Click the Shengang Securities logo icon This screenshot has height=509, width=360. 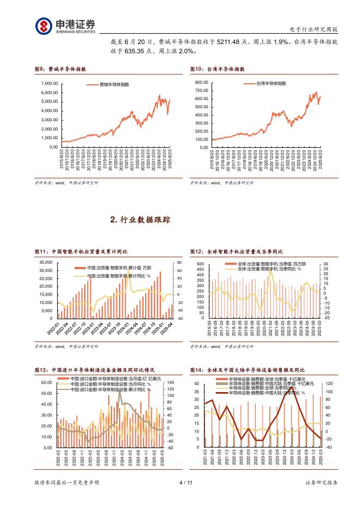[x=44, y=25]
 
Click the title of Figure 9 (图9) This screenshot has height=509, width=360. [x=60, y=70]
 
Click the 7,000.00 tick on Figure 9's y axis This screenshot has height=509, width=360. [x=49, y=83]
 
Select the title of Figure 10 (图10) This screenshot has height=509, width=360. [x=218, y=70]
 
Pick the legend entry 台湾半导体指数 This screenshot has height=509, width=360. [x=272, y=84]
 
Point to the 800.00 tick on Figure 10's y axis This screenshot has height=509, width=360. [x=201, y=82]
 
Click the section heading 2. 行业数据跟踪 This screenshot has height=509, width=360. [x=140, y=220]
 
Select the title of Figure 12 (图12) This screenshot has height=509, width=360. [x=236, y=252]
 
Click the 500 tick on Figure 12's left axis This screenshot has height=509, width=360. [x=200, y=264]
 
